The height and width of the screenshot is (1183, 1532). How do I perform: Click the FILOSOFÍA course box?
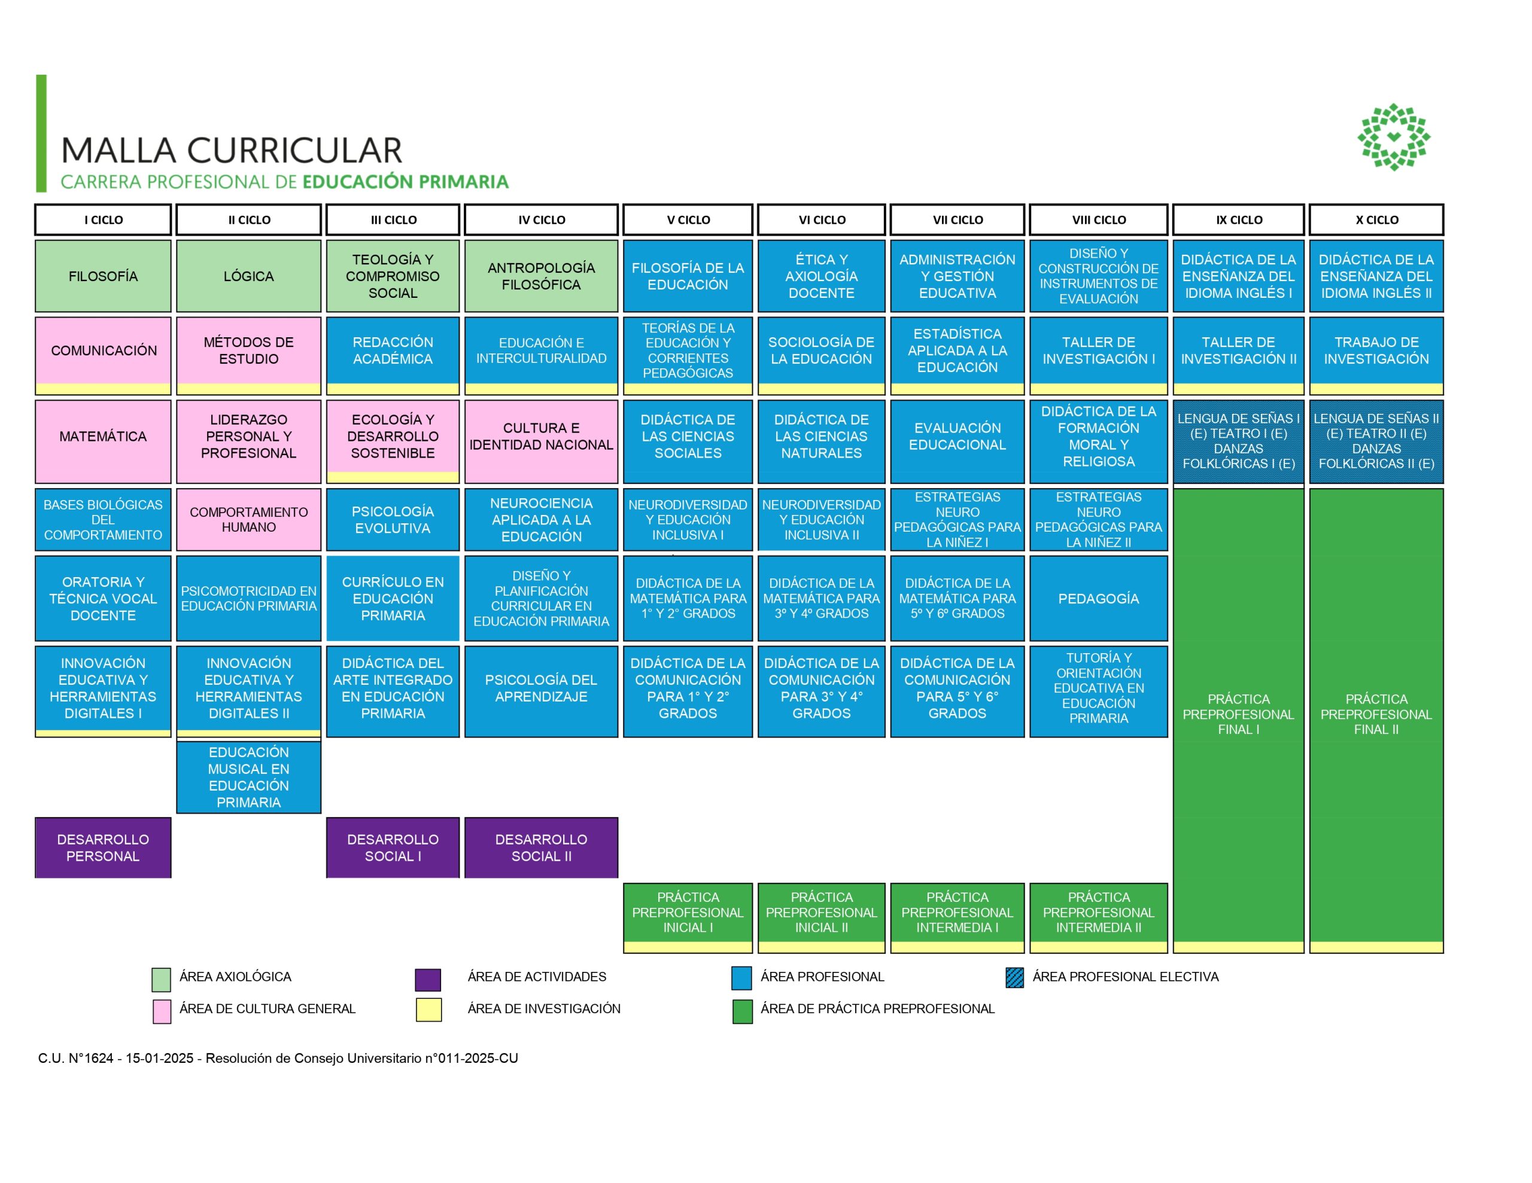point(103,276)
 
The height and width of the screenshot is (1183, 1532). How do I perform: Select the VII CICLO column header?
point(957,219)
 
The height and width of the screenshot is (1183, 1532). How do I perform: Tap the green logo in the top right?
point(1393,137)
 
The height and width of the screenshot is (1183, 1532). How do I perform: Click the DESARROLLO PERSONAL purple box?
point(103,847)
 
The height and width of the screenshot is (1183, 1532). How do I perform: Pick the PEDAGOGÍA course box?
point(1099,598)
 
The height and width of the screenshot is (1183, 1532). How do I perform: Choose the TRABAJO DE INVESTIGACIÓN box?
point(1376,350)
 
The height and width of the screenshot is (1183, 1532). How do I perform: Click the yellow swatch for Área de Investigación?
point(428,1010)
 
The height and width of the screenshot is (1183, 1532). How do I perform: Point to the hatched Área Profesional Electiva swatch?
point(1014,977)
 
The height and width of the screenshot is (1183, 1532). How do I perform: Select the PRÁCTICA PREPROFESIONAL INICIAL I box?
point(688,912)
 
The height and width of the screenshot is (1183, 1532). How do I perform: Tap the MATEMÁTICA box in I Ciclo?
point(103,436)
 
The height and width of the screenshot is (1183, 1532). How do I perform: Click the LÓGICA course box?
point(248,276)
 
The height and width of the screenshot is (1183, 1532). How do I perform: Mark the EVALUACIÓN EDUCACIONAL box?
point(957,436)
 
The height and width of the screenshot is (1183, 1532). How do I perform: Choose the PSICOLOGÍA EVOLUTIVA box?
point(393,520)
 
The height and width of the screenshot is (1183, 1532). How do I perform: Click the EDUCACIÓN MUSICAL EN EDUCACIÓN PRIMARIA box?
point(248,777)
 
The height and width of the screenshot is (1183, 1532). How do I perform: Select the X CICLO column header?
point(1376,219)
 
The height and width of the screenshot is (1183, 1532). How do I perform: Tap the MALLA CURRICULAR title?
point(232,150)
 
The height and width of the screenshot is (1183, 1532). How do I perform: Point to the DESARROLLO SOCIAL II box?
point(541,847)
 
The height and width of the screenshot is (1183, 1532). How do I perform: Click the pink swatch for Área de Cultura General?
point(162,1011)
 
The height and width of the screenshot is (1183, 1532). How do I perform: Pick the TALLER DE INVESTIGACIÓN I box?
point(1099,350)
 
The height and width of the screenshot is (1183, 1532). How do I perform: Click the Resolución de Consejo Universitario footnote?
point(278,1058)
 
